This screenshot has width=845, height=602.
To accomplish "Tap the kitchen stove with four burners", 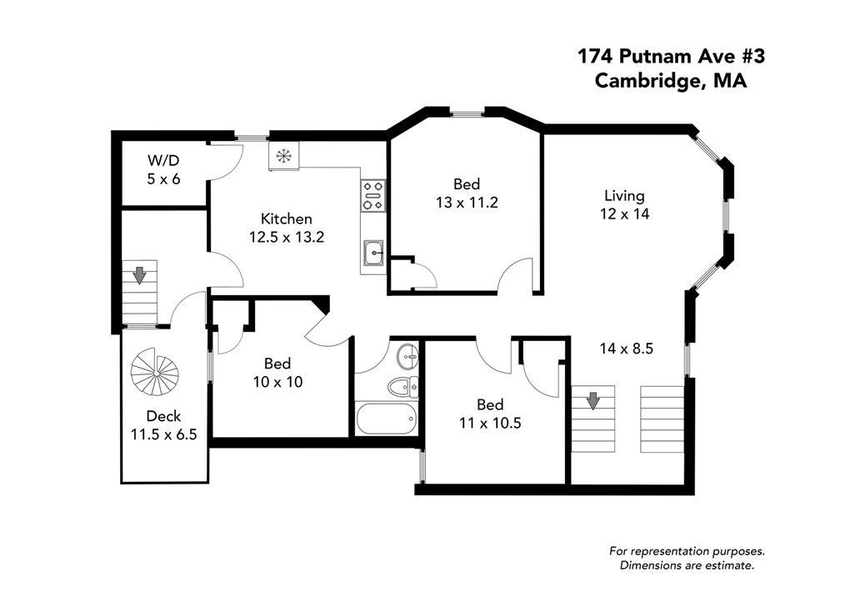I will (372, 195).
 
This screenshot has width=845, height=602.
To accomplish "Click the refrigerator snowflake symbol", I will (284, 155).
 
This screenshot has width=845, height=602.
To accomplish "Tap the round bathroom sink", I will (408, 357).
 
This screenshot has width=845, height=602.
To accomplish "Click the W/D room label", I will (163, 169).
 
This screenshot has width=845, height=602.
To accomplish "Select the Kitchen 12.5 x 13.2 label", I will (286, 227).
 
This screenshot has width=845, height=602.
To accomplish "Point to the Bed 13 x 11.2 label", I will (466, 193).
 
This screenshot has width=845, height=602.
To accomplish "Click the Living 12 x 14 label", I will (624, 204).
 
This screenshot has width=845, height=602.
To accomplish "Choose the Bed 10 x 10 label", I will (277, 373).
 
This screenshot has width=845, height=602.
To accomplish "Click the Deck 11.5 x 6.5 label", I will (163, 424).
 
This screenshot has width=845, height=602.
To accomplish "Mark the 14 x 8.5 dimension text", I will (626, 349).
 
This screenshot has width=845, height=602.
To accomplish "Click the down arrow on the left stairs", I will (139, 273).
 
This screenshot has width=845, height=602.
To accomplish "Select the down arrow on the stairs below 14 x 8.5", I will (592, 401).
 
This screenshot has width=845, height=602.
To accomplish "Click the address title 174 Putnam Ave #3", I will (670, 57).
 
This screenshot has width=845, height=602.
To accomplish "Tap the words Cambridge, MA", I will (670, 81).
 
